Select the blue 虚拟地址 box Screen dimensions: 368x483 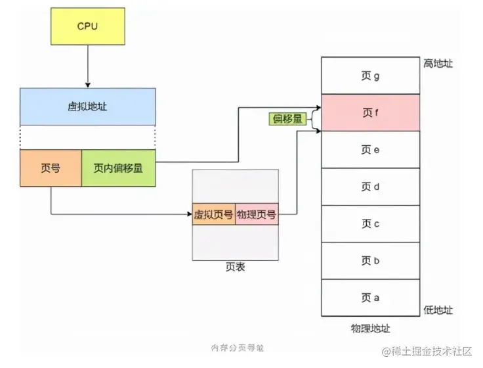pos(87,106)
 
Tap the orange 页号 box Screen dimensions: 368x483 pos(51,168)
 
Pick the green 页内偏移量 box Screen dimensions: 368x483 pos(119,168)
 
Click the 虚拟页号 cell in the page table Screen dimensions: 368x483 pos(213,214)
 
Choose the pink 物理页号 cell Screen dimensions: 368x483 pos(256,214)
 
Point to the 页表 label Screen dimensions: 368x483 pos(234,268)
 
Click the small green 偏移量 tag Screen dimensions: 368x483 pos(288,119)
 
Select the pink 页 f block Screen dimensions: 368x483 pos(369,112)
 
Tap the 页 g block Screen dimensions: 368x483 pos(369,76)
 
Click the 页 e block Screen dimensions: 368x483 pos(369,150)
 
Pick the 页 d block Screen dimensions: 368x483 pos(369,187)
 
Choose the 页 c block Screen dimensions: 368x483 pos(369,223)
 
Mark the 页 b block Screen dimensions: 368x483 pos(369,261)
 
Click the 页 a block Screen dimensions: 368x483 pos(369,298)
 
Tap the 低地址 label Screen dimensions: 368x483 pos(438,310)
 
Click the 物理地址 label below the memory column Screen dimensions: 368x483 pos(370,328)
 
